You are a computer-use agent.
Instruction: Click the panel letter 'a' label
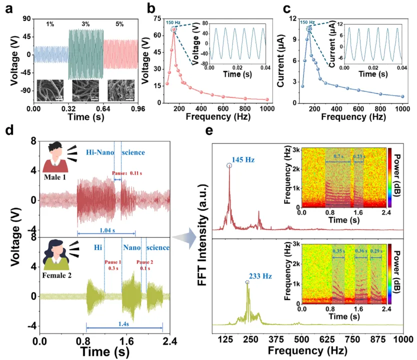click(8, 8)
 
